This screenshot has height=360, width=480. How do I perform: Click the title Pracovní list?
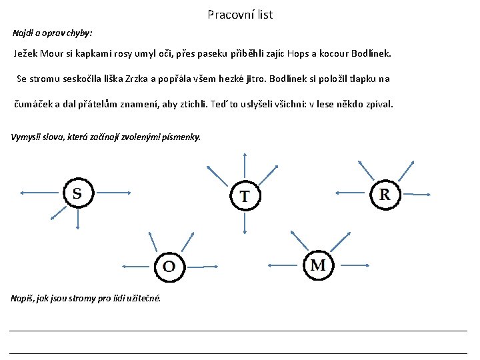coord(240,14)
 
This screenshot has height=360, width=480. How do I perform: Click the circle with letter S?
coord(77,193)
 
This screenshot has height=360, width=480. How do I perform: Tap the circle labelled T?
coord(245,196)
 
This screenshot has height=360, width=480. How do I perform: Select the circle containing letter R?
coord(385,194)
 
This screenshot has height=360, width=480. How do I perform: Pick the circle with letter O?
coord(169,267)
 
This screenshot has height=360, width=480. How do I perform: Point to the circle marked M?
coord(318,265)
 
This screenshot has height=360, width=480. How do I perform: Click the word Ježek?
coord(27,53)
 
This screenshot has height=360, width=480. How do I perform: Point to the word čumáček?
coord(32,104)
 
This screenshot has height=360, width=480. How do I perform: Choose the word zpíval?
coord(379,104)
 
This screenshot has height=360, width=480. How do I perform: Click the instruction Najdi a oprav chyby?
coord(53,32)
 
